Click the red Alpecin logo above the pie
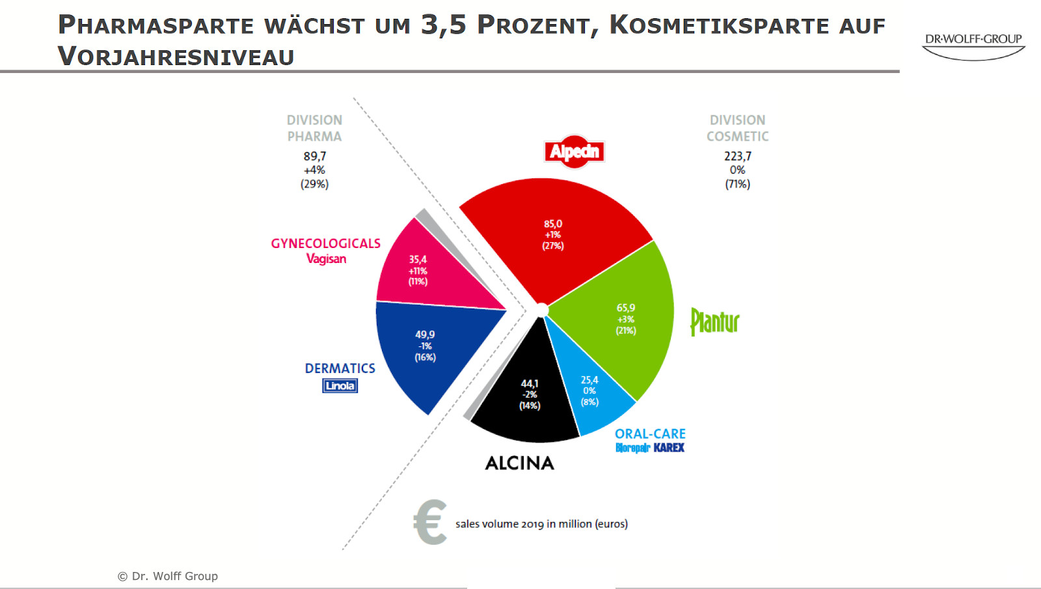pos(575,152)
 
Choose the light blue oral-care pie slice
pos(592,390)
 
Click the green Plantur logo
pos(714,322)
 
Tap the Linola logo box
pos(340,386)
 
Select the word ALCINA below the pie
pos(520,463)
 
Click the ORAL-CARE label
pos(650,433)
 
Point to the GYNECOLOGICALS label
pos(325,243)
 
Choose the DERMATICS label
pos(340,368)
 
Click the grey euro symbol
pos(431,522)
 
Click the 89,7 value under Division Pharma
pos(315,156)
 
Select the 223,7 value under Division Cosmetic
pos(737,156)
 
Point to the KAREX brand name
pos(669,448)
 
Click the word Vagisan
pos(326,259)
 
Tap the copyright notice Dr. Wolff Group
pos(168,576)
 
